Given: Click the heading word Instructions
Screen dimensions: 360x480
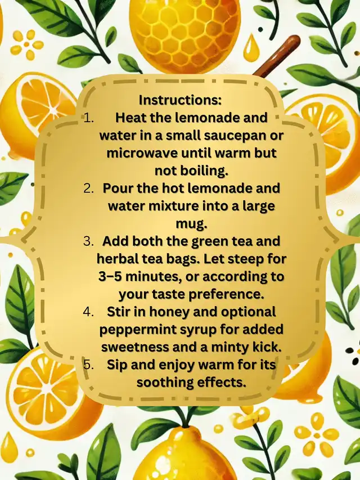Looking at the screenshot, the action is pos(180,100).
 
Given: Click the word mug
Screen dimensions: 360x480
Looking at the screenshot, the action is pos(192,225).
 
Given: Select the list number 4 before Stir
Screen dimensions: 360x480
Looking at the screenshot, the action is pos(88,312).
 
